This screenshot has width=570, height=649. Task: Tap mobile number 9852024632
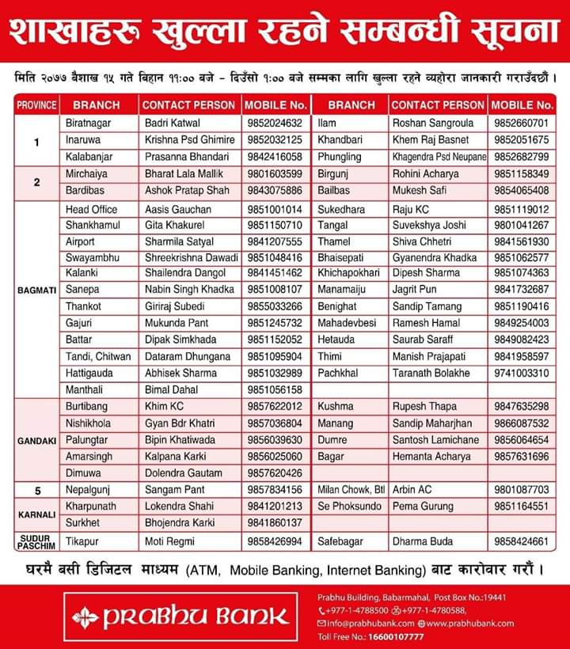coord(275,123)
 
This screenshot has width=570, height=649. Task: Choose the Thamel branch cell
coord(333,241)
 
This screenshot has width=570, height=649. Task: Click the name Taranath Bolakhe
coord(431,373)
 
